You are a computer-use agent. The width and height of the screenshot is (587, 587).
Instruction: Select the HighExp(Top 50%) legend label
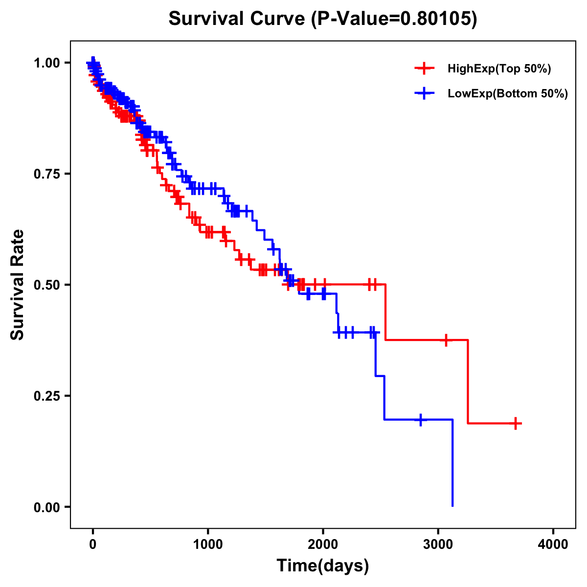point(499,69)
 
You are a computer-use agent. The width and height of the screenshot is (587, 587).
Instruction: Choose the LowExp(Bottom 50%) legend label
point(508,94)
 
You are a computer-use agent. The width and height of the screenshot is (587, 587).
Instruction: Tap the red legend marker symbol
point(424,69)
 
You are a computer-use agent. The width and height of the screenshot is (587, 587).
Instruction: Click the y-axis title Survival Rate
point(18,284)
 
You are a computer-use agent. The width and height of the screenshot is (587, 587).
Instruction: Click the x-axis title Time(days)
point(323,566)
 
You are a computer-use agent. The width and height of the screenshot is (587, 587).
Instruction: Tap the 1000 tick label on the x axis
point(208,544)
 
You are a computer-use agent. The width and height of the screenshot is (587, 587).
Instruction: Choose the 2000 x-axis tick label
point(323,544)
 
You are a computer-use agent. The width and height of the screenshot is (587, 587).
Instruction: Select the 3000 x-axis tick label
point(438,544)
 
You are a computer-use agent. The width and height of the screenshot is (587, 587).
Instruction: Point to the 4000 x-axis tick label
point(553,544)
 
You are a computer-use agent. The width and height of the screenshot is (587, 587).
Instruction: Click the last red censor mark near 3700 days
point(516,423)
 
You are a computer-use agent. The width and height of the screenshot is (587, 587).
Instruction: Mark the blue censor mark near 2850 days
point(421,420)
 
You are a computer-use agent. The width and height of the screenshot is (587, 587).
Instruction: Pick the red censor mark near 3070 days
point(446,340)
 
